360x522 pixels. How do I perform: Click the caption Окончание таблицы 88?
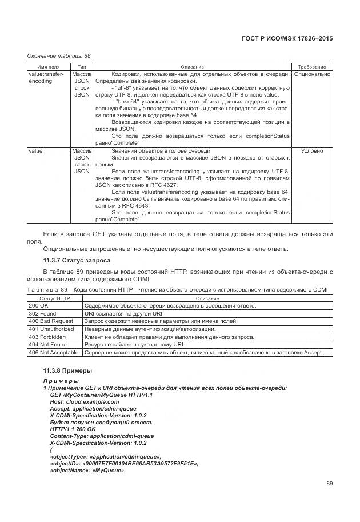click(x=59, y=55)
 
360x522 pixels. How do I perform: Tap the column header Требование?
click(x=312, y=67)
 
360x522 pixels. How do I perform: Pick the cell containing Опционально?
click(x=312, y=74)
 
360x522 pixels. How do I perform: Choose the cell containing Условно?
click(x=312, y=151)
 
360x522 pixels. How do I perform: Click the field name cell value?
click(x=36, y=151)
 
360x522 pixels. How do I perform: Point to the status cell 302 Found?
click(x=42, y=314)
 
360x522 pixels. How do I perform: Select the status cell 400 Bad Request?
click(x=51, y=321)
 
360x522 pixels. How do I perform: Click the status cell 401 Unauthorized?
click(x=51, y=329)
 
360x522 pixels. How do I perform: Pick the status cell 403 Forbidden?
click(x=47, y=337)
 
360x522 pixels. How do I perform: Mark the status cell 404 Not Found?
click(x=47, y=345)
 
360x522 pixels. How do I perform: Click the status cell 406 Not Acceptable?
click(x=53, y=353)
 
